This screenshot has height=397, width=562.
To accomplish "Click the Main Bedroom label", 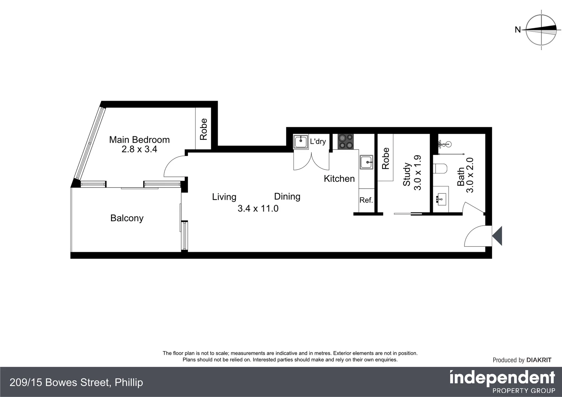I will tap(139, 140).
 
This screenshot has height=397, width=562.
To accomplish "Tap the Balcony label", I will tap(127, 218).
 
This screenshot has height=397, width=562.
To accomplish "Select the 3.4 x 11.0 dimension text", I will tap(258, 208).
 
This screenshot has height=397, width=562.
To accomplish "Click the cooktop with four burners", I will tap(345, 142).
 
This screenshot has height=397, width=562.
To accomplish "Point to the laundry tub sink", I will tap(300, 142).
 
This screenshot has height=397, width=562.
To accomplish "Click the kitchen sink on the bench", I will tap(366, 162).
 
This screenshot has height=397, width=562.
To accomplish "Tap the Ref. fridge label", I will tap(366, 200).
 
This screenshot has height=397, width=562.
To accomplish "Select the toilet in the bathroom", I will tap(440, 169).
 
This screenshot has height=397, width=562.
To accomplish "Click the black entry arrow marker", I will tap(497, 236).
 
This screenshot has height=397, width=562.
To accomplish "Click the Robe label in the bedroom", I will tap(203, 129).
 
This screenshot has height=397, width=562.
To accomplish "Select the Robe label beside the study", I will tap(385, 158).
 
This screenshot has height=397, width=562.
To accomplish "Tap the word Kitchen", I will tap(339, 179).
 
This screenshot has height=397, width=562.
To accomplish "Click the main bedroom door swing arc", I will tap(173, 164).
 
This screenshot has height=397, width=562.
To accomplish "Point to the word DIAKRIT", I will tap(539, 360).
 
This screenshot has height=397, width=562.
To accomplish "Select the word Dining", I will tap(287, 196).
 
